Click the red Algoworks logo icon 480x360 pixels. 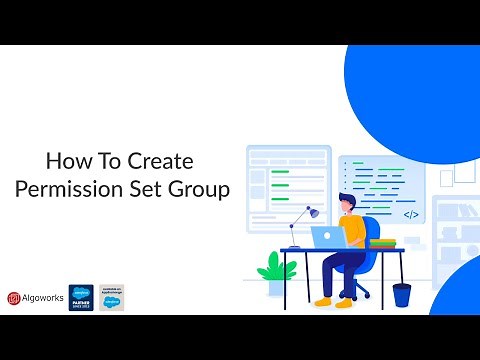click(x=14, y=297)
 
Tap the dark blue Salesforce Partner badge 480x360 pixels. click(x=81, y=297)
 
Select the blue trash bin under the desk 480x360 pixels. click(x=401, y=294)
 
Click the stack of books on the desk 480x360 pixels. click(x=382, y=241)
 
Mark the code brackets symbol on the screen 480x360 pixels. click(x=410, y=214)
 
